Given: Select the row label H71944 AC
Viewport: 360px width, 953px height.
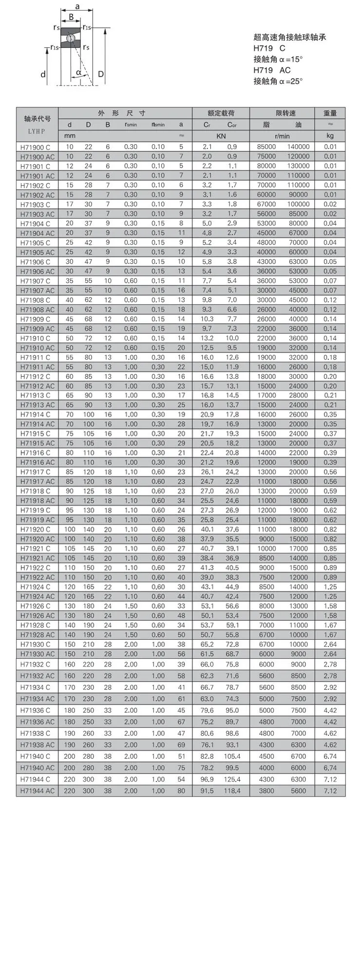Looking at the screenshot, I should tap(37, 791).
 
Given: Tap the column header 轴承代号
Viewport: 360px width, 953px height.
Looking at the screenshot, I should tap(37, 119).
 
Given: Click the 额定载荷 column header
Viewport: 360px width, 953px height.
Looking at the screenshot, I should tap(221, 113).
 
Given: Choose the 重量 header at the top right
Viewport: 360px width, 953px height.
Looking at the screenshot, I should tap(330, 113).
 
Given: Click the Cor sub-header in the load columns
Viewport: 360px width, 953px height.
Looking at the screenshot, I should tap(232, 125).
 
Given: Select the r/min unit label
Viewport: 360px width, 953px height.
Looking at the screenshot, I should tap(282, 136).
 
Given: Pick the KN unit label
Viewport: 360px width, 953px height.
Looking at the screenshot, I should tap(221, 136).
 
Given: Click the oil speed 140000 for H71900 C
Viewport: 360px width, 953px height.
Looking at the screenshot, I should tap(298, 147).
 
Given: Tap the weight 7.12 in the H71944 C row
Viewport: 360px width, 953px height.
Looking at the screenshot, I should tap(330, 779).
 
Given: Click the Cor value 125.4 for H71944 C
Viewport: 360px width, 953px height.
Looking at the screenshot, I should tap(232, 779).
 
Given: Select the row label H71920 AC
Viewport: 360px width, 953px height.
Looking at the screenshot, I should tap(37, 539).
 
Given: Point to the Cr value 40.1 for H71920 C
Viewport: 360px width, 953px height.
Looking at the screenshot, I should tap(207, 529).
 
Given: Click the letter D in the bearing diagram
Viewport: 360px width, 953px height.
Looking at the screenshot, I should tap(101, 74).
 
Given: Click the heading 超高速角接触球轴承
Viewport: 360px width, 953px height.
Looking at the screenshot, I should tap(289, 37).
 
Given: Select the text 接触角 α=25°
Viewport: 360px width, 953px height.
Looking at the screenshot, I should tap(278, 81).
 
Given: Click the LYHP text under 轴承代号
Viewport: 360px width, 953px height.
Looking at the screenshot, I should tap(36, 131).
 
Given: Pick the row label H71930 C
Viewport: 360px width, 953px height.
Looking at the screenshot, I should tap(35, 644).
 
